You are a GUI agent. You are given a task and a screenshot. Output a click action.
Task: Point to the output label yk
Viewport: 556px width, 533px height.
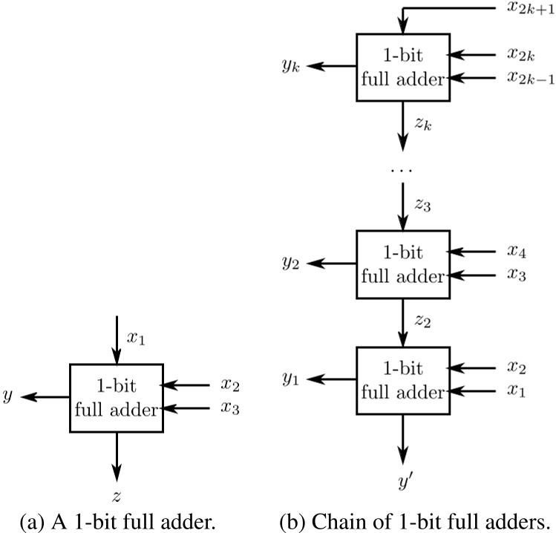tap(290, 68)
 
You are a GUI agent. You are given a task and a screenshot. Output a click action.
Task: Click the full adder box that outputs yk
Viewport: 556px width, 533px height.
tap(402, 66)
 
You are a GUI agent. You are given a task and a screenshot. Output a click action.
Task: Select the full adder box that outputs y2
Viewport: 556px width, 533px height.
tap(402, 264)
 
